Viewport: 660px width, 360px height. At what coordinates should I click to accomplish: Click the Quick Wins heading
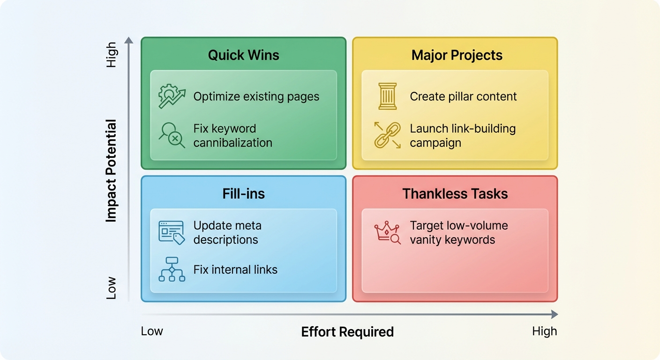(x=243, y=55)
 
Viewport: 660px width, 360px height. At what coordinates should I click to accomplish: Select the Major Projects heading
(x=457, y=55)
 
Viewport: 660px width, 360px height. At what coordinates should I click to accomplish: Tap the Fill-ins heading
(x=243, y=194)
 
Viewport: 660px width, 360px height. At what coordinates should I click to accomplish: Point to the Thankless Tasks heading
(x=455, y=194)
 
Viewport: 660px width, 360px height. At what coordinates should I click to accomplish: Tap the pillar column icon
(x=387, y=97)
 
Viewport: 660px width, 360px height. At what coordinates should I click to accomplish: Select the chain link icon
(x=387, y=135)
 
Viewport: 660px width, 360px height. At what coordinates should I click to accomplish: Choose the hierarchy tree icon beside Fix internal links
(x=172, y=270)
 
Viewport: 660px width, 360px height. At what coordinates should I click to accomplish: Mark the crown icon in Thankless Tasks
(x=387, y=232)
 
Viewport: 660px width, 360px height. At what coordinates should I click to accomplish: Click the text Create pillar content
(x=463, y=97)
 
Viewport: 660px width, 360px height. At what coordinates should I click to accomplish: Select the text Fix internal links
(x=235, y=270)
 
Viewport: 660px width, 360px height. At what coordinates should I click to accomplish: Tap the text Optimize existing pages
(x=256, y=97)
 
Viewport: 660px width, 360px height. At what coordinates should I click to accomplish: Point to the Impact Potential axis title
(x=111, y=171)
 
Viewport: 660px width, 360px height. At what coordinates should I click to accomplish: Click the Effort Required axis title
(x=347, y=332)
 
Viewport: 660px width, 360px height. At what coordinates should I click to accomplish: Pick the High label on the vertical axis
(x=111, y=55)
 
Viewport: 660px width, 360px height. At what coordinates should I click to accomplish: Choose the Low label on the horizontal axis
(x=152, y=331)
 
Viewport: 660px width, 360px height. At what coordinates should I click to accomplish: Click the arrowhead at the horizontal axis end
(x=555, y=314)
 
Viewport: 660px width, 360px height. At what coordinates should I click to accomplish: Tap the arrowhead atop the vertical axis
(x=129, y=40)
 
